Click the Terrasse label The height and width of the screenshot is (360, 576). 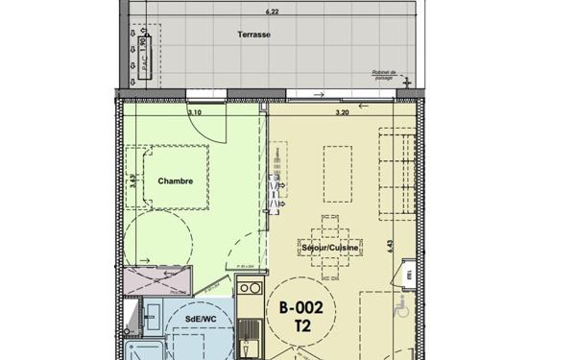click(254, 35)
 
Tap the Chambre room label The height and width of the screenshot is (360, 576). click(177, 180)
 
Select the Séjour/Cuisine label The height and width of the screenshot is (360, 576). click(330, 248)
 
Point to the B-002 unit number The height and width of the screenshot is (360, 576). click(307, 308)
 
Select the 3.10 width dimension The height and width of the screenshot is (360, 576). click(195, 113)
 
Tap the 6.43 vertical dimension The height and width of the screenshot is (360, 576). click(392, 246)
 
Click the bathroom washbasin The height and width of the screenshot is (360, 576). click(152, 310)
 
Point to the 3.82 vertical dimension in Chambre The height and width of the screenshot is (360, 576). click(133, 178)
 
